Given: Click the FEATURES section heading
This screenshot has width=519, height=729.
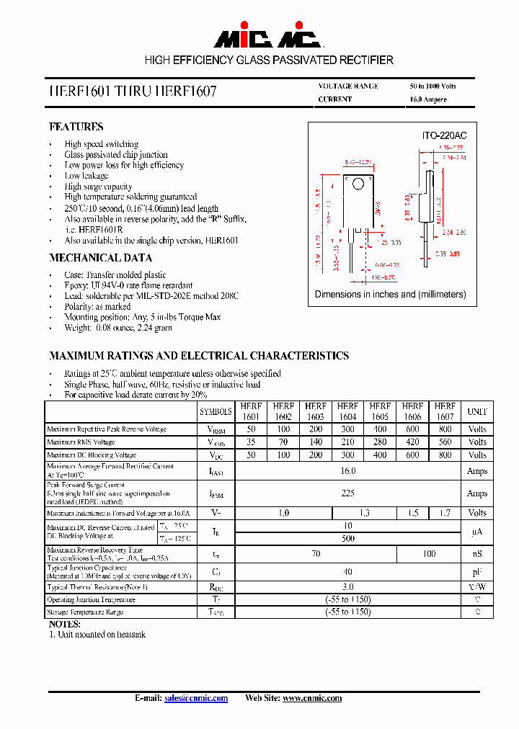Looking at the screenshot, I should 76,127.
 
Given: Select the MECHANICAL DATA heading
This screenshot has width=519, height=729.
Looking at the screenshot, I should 100,258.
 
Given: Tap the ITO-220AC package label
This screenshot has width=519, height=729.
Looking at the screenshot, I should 443,135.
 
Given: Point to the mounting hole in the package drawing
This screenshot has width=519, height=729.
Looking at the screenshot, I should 357,182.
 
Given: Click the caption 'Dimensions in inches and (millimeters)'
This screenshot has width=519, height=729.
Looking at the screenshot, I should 391,294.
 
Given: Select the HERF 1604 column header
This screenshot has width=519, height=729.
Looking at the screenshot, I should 347,411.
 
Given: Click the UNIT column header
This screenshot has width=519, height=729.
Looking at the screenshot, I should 476,411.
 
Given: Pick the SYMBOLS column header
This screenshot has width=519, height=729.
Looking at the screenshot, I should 216,411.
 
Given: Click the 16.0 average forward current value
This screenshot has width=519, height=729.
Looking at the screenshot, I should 347,470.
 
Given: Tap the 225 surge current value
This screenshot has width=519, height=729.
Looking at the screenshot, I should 347,493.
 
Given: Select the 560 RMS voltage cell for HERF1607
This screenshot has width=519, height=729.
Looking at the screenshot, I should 445,442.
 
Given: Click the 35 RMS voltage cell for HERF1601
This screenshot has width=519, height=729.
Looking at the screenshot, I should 251,442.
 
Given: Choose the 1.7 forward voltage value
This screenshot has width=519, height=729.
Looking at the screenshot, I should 445,513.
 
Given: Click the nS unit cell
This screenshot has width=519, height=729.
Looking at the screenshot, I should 476,554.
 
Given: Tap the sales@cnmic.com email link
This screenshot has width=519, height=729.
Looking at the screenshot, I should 195,698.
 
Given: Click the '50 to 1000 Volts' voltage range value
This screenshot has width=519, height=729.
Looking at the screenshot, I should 432,86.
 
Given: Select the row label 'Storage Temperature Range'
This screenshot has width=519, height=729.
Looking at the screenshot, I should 85,612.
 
